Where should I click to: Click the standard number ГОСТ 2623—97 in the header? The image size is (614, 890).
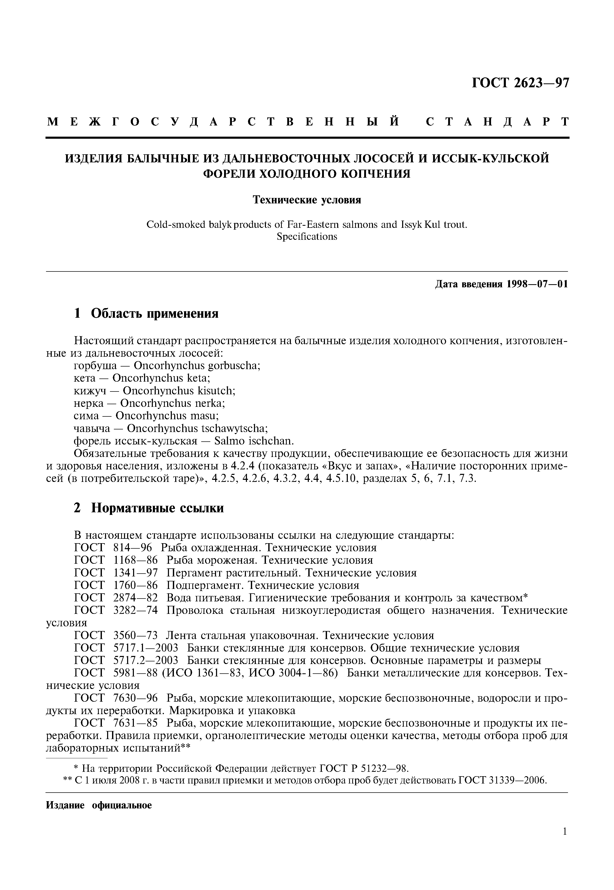pos(520,83)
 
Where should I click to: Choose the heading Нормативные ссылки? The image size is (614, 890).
pos(157,509)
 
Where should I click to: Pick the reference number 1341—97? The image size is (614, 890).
pos(135,573)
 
